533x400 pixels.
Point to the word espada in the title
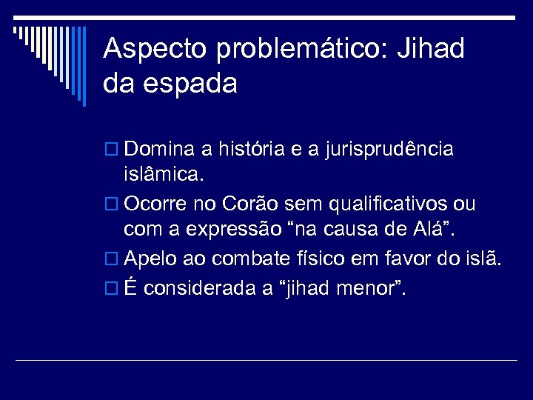tap(192, 84)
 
